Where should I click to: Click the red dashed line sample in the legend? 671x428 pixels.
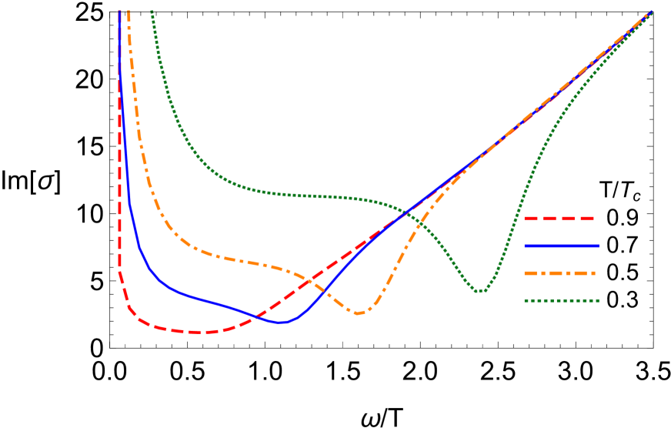point(559,219)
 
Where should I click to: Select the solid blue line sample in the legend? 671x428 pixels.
point(562,246)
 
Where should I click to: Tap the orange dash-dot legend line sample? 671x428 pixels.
point(560,273)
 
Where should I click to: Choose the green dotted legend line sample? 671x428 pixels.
point(562,301)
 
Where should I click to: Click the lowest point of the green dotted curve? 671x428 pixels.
point(479,291)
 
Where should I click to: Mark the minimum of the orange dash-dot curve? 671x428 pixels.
point(358,313)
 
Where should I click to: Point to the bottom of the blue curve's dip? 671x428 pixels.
point(282,323)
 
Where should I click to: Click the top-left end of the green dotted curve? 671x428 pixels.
point(152,12)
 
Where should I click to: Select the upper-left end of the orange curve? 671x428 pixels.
point(129,12)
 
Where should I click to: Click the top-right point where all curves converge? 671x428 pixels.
point(651,12)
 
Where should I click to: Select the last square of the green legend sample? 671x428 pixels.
point(597,301)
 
